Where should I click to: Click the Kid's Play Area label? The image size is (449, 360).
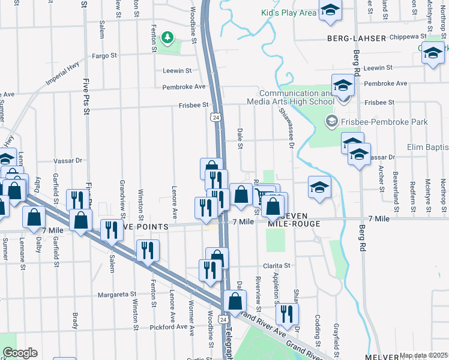tap(288, 13)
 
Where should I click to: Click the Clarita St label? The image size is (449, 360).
tap(276, 265)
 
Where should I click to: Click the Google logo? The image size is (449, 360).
tap(19, 353)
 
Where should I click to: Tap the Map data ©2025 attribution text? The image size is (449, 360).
tap(423, 355)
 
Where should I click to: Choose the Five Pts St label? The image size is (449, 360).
tap(87, 96)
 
